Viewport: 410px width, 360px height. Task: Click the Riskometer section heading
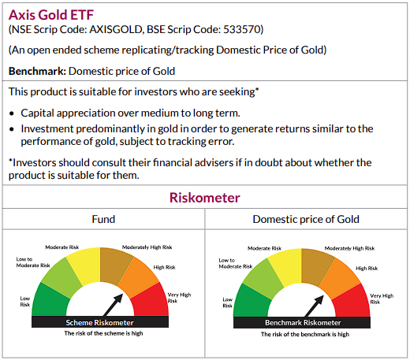click(205, 198)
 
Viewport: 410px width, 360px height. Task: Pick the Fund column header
click(103, 219)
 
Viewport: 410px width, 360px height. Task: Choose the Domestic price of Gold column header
click(306, 219)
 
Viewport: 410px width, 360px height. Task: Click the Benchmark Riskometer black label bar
click(302, 323)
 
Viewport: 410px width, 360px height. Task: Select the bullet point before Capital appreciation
click(12, 113)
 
